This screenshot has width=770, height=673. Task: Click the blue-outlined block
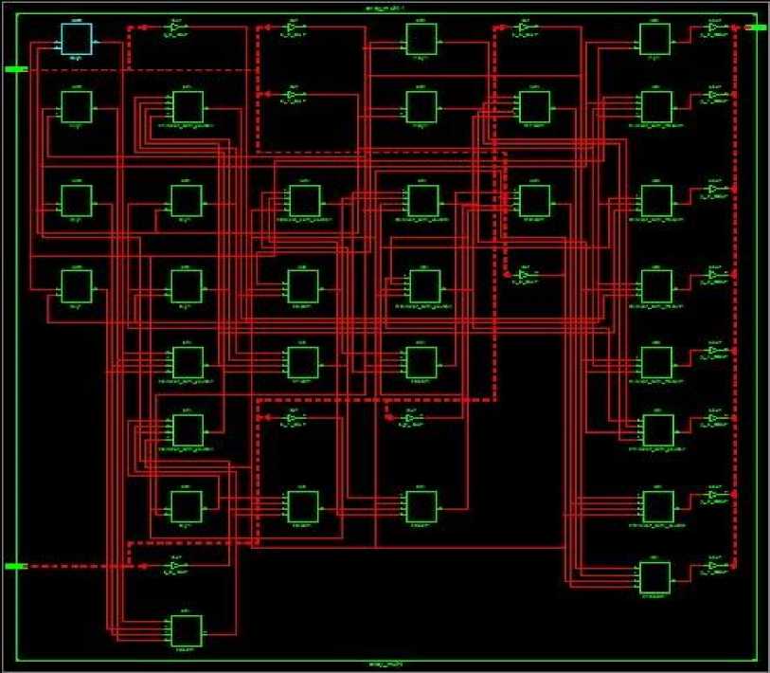point(77,39)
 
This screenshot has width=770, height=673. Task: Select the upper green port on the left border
point(16,69)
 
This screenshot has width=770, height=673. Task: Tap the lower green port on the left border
point(16,566)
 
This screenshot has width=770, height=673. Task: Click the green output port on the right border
point(758,27)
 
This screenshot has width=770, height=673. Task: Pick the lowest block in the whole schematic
point(186,629)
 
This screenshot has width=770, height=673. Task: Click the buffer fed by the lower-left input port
point(175,566)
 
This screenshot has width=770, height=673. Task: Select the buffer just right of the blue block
point(174,27)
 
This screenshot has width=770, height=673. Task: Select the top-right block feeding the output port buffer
point(655,39)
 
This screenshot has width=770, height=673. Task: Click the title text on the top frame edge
point(385,7)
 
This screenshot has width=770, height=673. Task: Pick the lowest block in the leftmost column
point(76,282)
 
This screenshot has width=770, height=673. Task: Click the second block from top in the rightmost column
point(655,105)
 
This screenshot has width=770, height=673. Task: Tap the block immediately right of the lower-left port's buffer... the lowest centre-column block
point(421,505)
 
